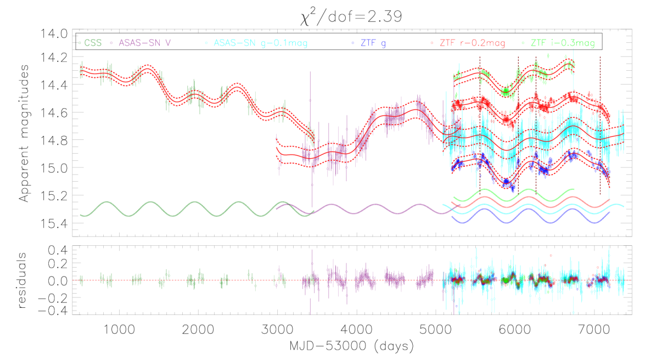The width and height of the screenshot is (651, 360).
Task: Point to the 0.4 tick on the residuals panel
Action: (x=58, y=250)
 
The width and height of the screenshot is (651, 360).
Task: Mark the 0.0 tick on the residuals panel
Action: (x=58, y=280)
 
